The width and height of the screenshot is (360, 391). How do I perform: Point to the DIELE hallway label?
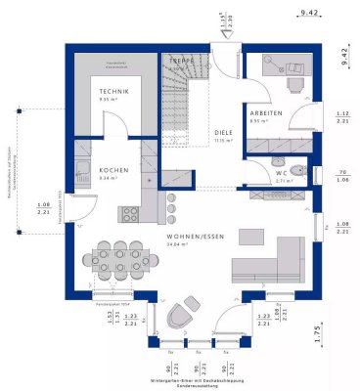(225, 133)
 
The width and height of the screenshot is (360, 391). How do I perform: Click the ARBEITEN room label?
(265, 112)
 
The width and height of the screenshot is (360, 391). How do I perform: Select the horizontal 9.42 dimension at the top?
(309, 14)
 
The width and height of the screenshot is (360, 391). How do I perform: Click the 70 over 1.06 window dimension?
(342, 174)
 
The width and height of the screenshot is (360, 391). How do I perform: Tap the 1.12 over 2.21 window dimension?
(342, 116)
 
